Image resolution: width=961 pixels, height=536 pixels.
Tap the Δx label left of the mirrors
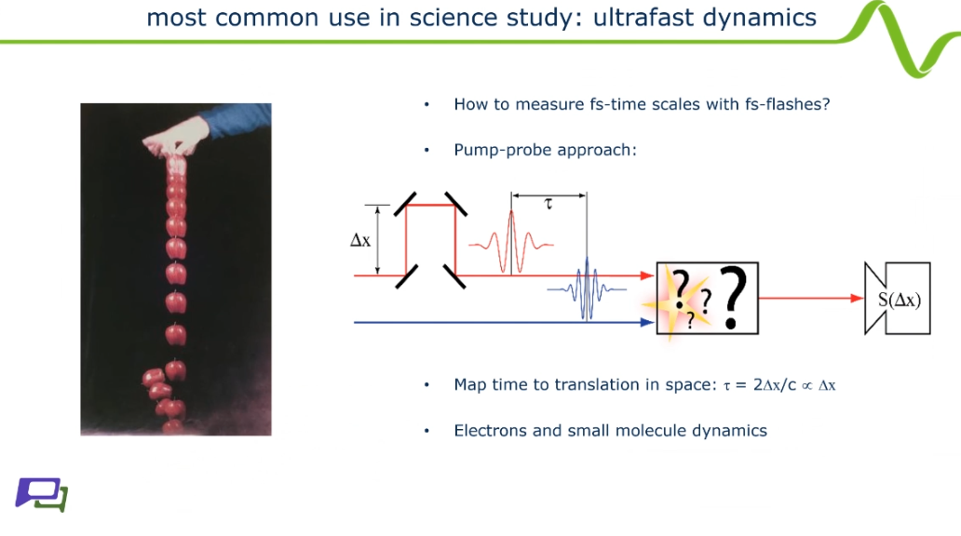pos(360,240)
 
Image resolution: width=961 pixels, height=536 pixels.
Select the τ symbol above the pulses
pos(548,204)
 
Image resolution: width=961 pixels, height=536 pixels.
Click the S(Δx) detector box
pos(898,299)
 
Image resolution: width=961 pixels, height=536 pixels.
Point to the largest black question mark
pos(733,298)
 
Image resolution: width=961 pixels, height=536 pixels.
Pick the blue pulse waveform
pos(587,288)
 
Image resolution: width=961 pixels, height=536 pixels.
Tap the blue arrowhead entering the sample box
pos(647,322)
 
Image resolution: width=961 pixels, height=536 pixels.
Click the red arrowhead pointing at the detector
pos(857,299)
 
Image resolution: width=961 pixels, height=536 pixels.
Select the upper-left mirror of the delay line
pos(406,204)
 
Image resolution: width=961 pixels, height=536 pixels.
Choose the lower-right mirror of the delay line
pos(454,276)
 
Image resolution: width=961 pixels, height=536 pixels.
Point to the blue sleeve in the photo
pos(238,120)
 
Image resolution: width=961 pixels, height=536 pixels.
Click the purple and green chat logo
pos(42,494)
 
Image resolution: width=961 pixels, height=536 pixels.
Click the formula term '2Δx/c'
pos(775,384)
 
